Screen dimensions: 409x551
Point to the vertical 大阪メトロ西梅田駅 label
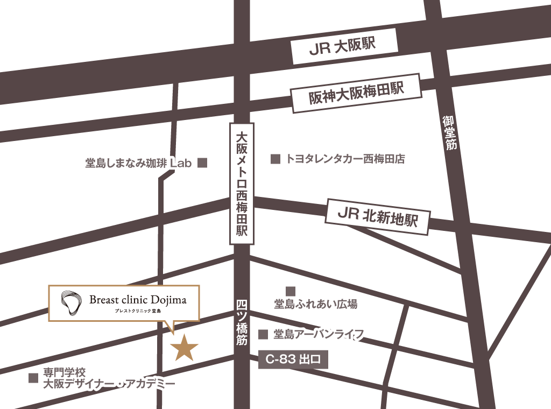coord(242,184)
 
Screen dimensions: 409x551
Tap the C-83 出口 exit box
coord(293,359)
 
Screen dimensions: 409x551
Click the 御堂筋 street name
coord(450,132)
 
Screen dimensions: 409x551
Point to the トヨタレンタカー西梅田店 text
coord(345,159)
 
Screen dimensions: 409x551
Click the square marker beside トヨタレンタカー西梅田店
coord(275,159)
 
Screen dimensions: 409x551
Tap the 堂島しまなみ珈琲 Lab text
coord(138,163)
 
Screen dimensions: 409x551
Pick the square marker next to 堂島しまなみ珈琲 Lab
coord(202,163)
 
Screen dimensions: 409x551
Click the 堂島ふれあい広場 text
coord(315,305)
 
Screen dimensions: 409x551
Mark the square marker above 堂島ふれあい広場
coord(291,291)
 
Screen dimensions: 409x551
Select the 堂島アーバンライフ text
coord(319,334)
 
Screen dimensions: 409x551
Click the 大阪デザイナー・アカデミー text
coord(109,384)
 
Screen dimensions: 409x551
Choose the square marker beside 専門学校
coord(33,378)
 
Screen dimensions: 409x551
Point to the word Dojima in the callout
coord(168,300)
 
